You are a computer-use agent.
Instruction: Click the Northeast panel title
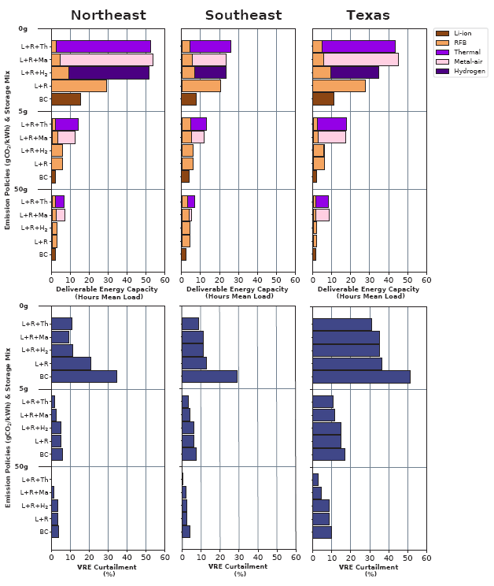click(x=108, y=15)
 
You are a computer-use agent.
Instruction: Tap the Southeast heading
click(x=243, y=15)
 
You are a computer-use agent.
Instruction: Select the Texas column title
click(x=369, y=15)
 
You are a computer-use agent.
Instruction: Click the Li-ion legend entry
click(x=460, y=33)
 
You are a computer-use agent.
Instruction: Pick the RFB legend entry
click(x=460, y=43)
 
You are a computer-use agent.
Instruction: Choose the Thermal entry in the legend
click(x=460, y=52)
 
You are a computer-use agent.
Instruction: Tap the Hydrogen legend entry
click(x=460, y=71)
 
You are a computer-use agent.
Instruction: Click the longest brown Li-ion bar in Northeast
click(x=65, y=98)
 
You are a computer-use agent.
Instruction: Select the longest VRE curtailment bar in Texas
click(x=361, y=376)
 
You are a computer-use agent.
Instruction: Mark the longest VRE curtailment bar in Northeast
click(x=83, y=376)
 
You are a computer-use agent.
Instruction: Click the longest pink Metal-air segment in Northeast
click(x=106, y=59)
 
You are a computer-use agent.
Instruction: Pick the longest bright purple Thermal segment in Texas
click(x=358, y=46)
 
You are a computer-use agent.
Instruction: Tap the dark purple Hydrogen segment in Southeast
click(x=210, y=72)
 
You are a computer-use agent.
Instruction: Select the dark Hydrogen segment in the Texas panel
click(x=354, y=72)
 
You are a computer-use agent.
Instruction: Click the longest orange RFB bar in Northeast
click(x=79, y=85)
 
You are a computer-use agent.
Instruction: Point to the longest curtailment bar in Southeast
click(x=209, y=376)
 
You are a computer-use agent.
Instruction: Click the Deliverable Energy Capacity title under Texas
click(x=368, y=292)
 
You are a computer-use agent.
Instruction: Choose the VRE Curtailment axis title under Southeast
click(x=239, y=569)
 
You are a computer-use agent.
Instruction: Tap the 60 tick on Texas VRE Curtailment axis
click(x=426, y=558)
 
